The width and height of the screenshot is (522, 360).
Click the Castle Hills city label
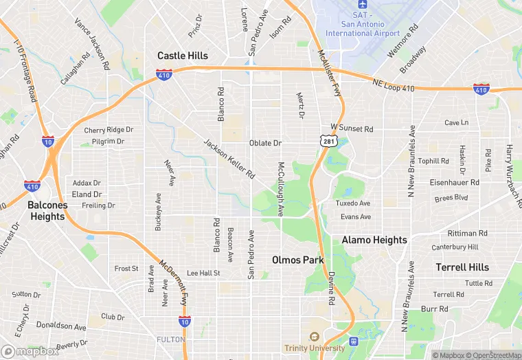tap(182, 56)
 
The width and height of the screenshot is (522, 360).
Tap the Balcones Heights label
tap(47, 211)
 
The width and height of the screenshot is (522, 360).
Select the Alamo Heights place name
tap(374, 240)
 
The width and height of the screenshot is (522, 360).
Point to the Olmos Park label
tap(297, 260)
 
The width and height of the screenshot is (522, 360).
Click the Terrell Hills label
tap(462, 267)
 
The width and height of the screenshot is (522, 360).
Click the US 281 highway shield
tap(327, 140)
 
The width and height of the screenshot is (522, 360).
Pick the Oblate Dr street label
tap(265, 143)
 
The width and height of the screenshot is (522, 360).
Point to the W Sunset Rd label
tap(351, 128)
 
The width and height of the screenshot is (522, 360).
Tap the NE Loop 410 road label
tap(394, 85)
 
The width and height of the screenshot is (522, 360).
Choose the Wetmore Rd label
tap(404, 41)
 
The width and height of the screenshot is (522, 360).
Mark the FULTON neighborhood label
tap(171, 339)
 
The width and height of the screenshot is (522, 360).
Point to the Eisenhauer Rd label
tap(454, 183)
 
